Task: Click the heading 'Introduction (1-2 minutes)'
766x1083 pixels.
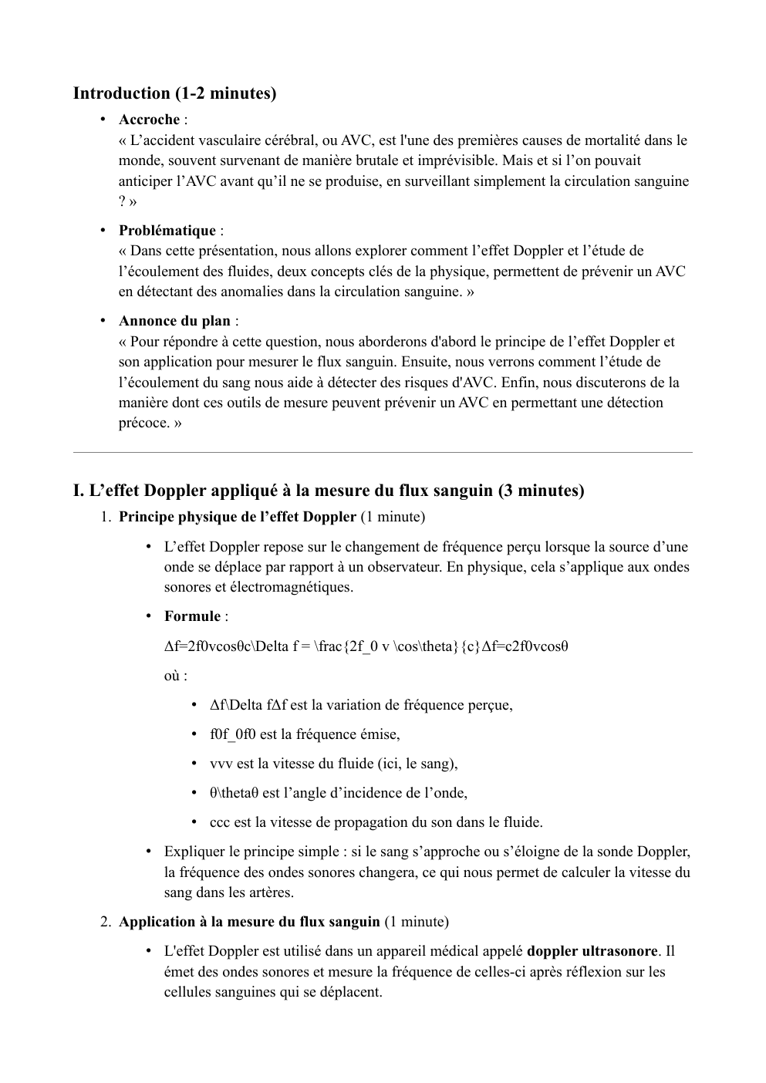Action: [174, 93]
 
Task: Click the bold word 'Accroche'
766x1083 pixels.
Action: [149, 120]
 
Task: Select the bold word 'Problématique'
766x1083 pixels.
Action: [167, 231]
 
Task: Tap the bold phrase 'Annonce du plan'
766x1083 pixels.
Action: [174, 321]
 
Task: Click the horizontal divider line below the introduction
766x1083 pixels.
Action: [383, 453]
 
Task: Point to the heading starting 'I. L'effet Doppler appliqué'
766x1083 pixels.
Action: [329, 491]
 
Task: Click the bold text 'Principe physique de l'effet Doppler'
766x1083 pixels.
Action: [237, 516]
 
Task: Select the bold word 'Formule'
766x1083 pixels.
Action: [192, 616]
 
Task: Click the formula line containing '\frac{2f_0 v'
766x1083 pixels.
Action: [366, 646]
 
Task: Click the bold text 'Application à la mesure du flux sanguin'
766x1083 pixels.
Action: [248, 922]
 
